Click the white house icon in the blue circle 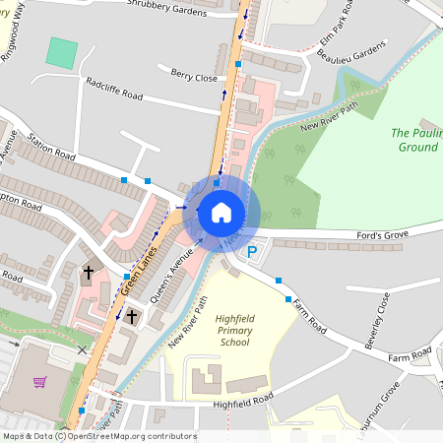[221, 212]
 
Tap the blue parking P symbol [252, 253]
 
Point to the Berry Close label [193, 75]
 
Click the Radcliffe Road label [114, 90]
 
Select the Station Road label [52, 148]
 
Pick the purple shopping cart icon [40, 381]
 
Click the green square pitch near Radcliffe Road [62, 52]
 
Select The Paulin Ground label [414, 140]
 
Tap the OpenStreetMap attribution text [98, 436]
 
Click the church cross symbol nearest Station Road [88, 271]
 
